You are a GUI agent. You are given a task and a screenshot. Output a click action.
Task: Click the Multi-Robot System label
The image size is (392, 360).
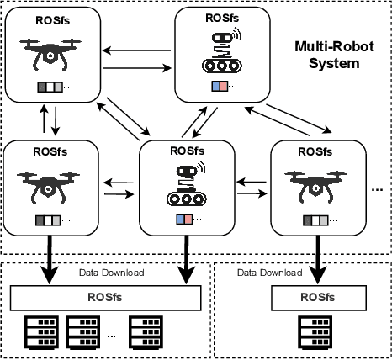point(329,53)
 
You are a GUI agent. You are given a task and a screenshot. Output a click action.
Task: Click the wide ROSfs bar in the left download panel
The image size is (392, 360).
point(105,297)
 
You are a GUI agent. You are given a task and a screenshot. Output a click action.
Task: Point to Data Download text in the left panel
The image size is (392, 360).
point(111,273)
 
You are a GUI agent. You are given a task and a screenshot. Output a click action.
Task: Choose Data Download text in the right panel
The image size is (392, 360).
point(270,273)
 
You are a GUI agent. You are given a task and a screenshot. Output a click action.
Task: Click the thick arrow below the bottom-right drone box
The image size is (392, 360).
point(317,262)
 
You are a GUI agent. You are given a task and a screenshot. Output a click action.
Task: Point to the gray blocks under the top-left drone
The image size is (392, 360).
point(49,87)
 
